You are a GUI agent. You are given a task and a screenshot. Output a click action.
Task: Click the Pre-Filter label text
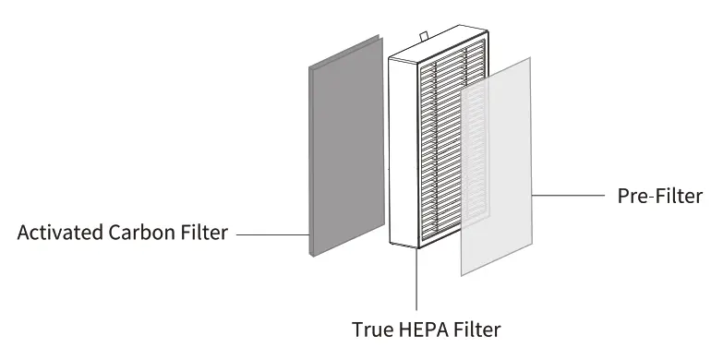[658, 197]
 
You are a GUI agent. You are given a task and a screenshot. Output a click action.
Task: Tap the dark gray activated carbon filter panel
[344, 148]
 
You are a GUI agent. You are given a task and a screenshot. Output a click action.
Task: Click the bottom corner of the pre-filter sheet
[462, 274]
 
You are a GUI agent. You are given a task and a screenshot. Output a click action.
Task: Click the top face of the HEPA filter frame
[439, 48]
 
